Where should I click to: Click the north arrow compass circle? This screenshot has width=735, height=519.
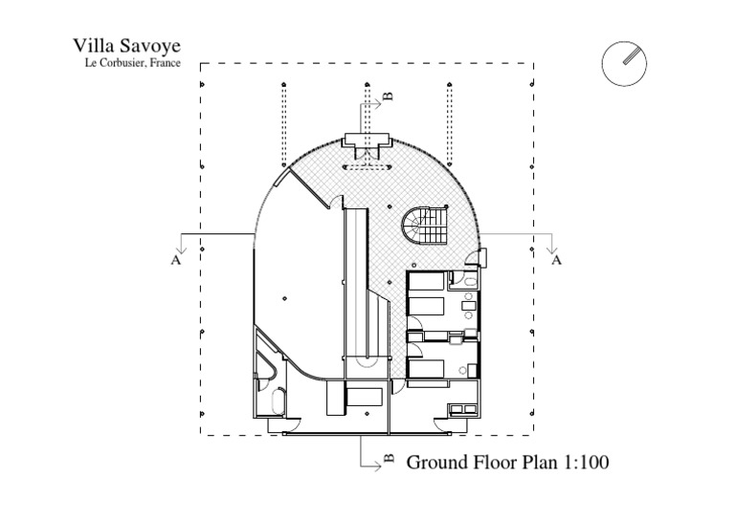624,62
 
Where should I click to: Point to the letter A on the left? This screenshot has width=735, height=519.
175,259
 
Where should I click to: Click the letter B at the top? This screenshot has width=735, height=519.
387,97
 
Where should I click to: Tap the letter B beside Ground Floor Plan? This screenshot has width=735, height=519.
388,461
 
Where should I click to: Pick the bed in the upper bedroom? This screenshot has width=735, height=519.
426,306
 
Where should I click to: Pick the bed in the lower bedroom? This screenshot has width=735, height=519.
426,368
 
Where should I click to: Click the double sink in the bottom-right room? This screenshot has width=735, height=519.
463,408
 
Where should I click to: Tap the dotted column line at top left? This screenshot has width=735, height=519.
284,124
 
